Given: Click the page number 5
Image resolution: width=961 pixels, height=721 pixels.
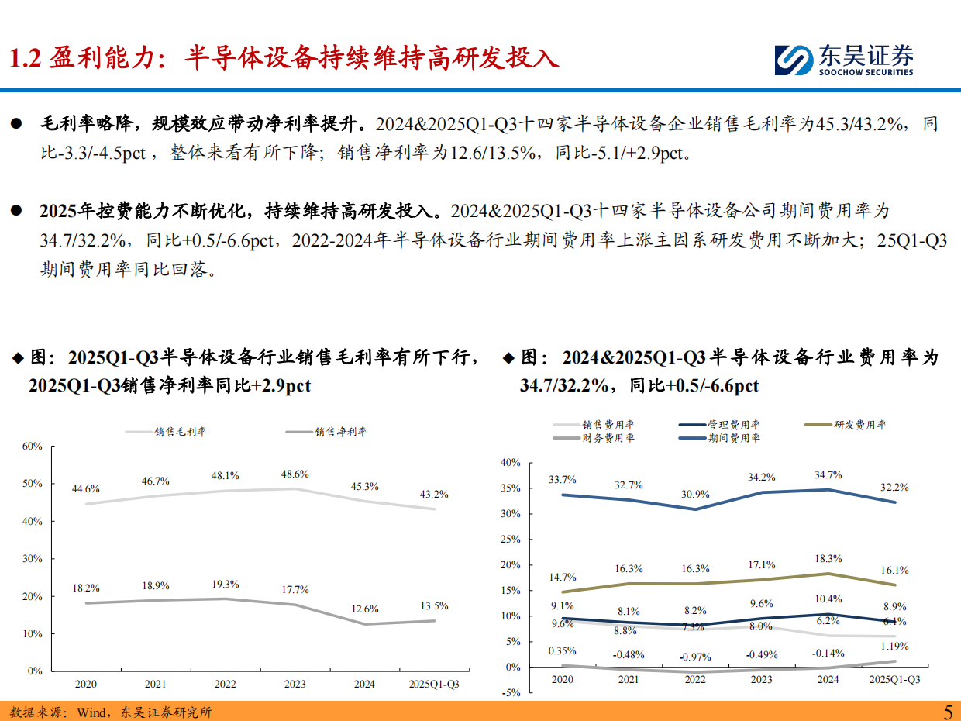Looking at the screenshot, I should [x=948, y=711].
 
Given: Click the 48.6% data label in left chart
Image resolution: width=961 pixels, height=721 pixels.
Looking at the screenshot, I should [x=294, y=474].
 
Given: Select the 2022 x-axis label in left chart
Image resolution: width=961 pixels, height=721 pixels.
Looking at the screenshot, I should [x=225, y=684].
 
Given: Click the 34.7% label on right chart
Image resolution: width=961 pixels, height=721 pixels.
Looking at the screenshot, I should [x=828, y=474].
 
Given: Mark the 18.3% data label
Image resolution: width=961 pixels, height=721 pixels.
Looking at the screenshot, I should [x=828, y=558].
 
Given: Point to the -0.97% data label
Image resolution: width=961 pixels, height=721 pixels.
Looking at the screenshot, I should [x=695, y=657].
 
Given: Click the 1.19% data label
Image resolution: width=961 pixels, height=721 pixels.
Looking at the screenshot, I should [x=894, y=646].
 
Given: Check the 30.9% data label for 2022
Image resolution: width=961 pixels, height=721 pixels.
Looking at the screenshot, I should [x=695, y=494].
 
